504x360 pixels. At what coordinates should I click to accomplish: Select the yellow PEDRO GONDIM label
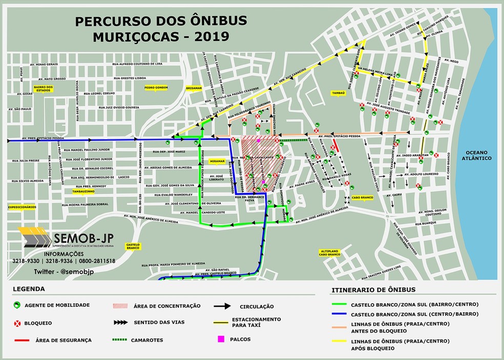tap(156, 88)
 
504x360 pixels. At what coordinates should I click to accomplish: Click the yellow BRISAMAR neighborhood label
tap(194, 88)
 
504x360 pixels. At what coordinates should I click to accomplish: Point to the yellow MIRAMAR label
tap(217, 161)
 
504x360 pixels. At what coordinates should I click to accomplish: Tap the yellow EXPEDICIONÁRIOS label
tap(22, 207)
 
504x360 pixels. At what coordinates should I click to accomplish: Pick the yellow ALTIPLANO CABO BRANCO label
tap(329, 252)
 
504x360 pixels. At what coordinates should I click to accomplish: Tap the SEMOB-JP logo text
tap(83, 239)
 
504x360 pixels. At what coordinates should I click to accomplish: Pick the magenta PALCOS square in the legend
tap(222, 338)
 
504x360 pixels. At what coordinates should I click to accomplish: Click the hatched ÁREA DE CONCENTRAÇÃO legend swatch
tap(121, 306)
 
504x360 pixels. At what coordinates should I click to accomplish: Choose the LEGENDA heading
tap(29, 289)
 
